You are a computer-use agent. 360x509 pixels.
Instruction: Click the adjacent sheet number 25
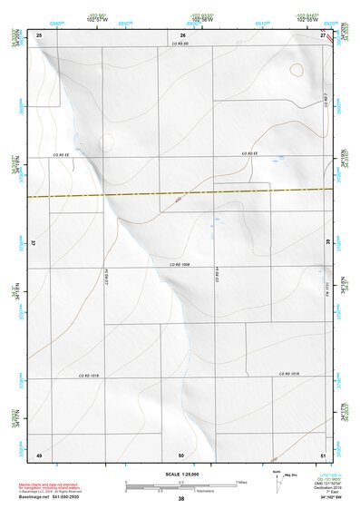coord(39,34)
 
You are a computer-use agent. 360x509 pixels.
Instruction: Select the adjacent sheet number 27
coord(324,34)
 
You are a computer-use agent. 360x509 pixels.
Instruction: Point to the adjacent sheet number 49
coord(39,454)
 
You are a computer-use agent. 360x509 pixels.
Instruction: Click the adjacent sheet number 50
coord(181,454)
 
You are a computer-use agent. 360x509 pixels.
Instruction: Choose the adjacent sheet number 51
coord(324,454)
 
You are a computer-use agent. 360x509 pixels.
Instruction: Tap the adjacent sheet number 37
coord(33,243)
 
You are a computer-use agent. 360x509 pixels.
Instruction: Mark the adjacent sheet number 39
coord(328,243)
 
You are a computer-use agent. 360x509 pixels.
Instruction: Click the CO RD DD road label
coord(180,44)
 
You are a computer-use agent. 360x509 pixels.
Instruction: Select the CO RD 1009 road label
coord(179,264)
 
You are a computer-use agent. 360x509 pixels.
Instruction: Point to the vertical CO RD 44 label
coord(218,272)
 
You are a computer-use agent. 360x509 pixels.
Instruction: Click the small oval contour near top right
coord(297,69)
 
